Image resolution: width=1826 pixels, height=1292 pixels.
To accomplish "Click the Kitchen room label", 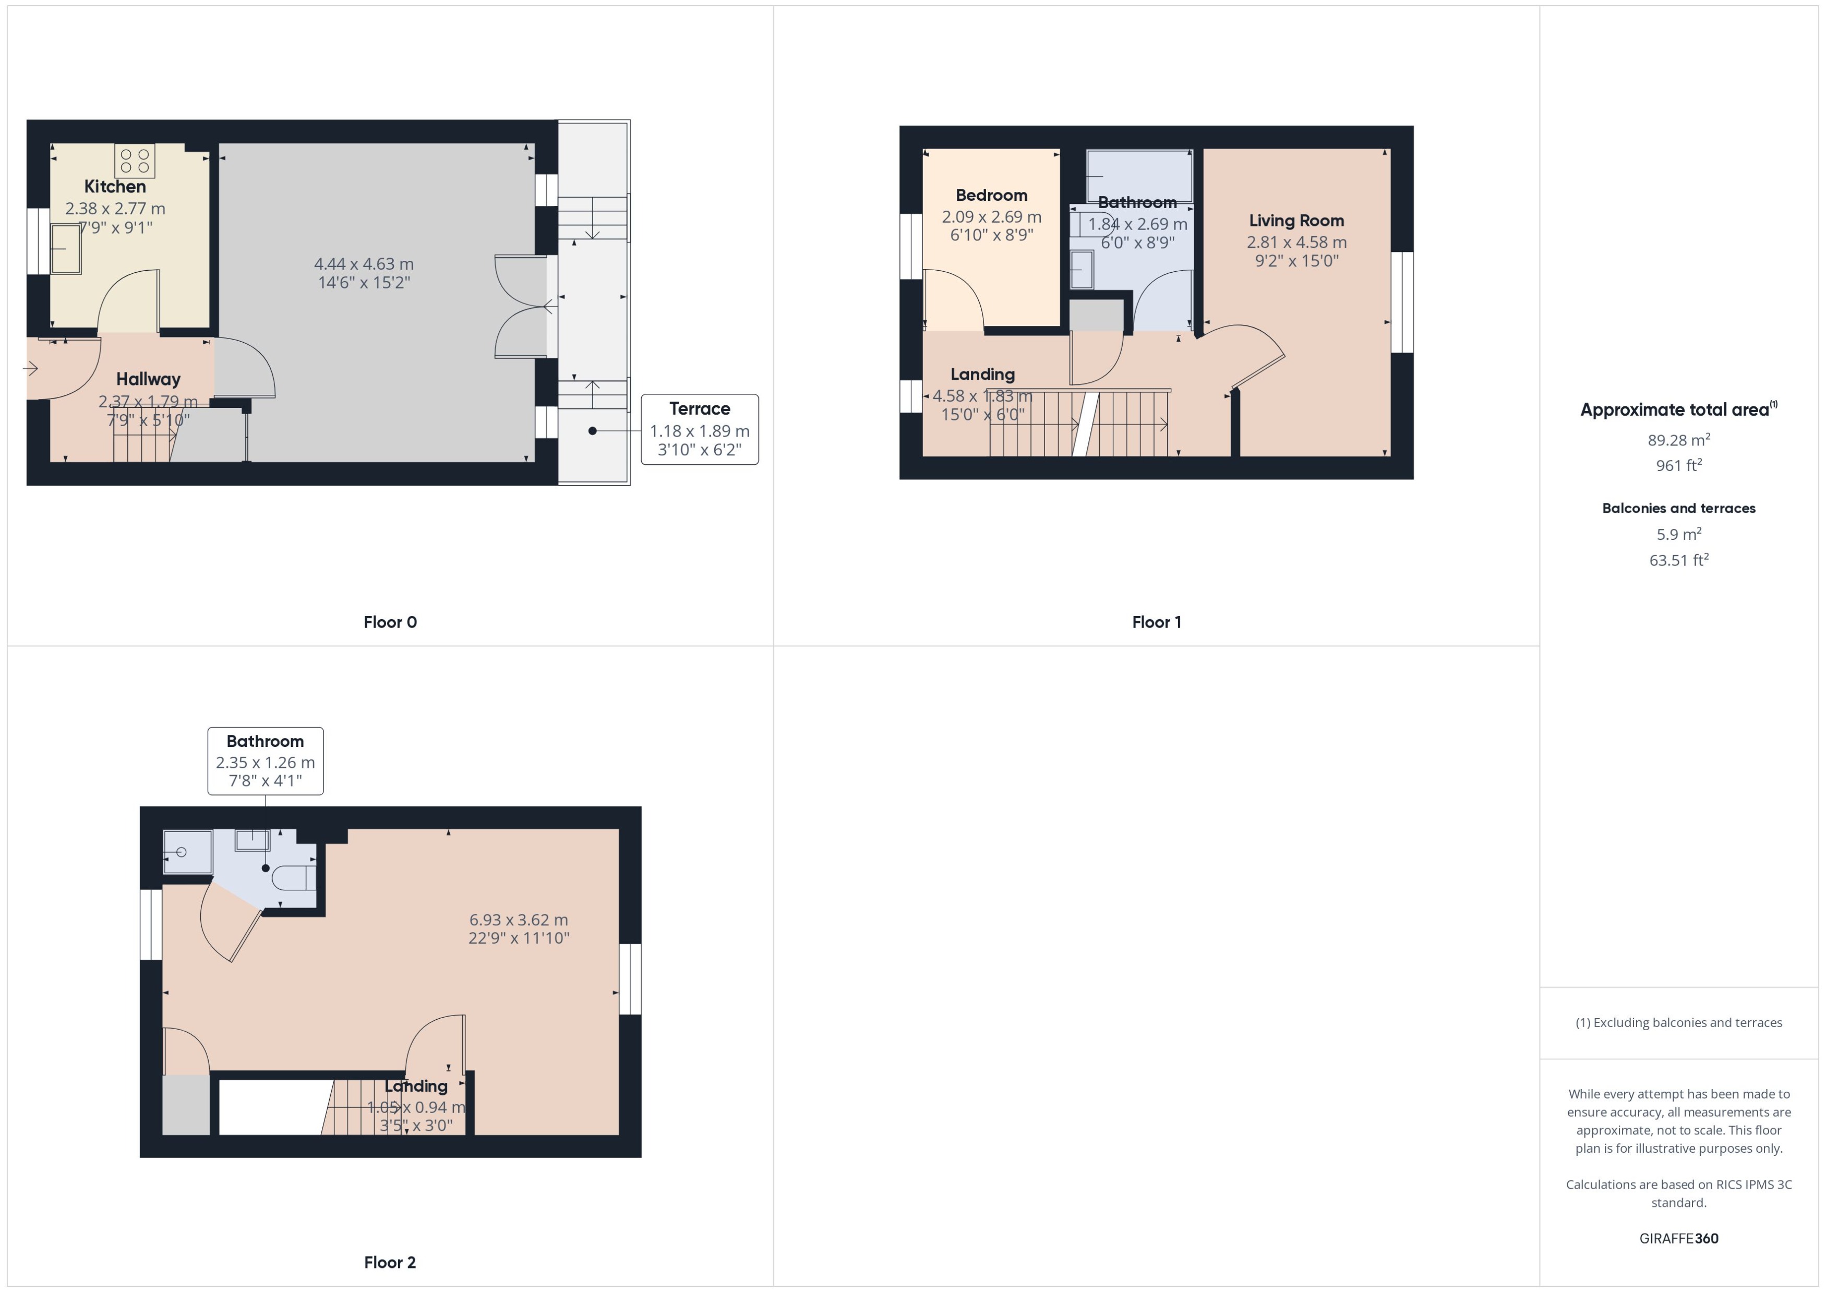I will tap(115, 187).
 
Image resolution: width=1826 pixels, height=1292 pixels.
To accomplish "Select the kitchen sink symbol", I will tap(66, 248).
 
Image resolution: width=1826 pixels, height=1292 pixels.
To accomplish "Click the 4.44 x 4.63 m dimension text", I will tap(364, 264).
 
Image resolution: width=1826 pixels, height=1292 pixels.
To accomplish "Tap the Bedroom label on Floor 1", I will tap(991, 196).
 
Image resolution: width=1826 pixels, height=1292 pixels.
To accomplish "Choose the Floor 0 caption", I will tap(390, 622).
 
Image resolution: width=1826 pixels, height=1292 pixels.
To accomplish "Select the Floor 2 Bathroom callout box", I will tap(265, 760).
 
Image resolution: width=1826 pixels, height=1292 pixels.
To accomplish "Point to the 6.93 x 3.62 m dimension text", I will tap(518, 920).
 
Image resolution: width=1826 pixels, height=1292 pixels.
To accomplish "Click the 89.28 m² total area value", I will tap(1678, 440).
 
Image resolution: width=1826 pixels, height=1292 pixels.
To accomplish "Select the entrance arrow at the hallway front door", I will tap(30, 368).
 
